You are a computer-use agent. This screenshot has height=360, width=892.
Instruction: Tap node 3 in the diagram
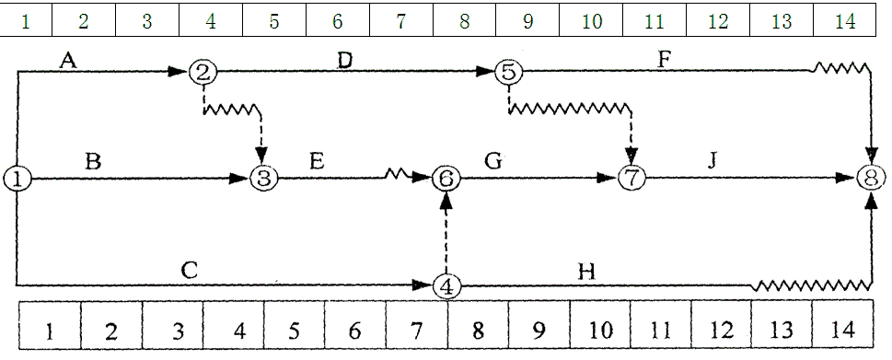coord(264,179)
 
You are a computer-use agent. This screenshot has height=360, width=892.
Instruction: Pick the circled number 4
coord(446,286)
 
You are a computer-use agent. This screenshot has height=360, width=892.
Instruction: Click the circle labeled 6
coord(446,180)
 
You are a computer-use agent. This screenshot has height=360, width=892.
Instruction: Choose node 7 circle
coord(631,180)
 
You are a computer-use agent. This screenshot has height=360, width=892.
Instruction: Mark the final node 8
coord(871,180)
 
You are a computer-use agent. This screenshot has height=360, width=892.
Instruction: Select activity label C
coord(188,271)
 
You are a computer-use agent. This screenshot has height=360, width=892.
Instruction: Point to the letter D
coord(343,61)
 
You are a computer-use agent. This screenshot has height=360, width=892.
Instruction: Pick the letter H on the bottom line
coord(585,272)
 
